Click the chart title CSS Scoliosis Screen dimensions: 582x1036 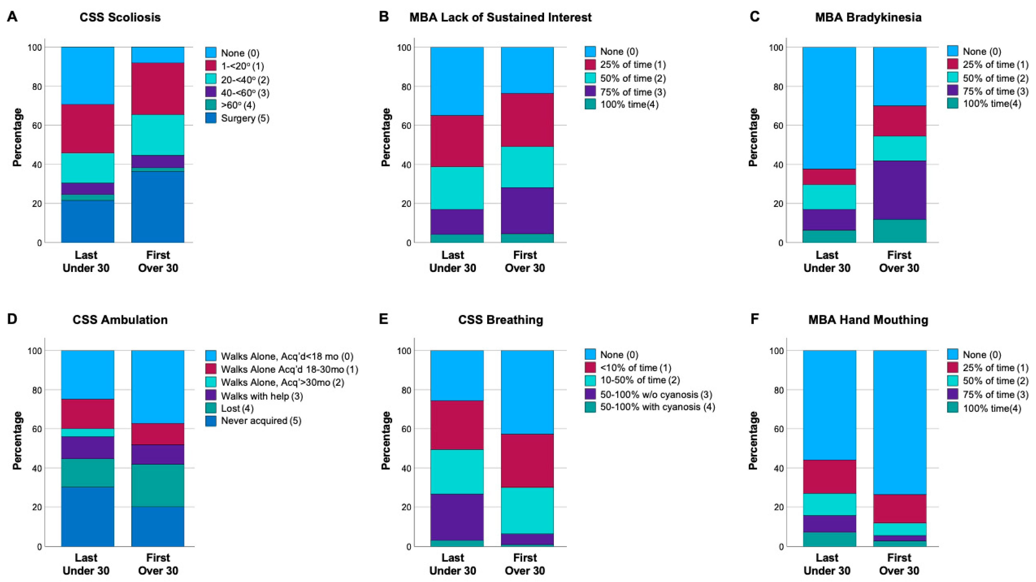coord(120,17)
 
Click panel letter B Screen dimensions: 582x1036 coord(384,17)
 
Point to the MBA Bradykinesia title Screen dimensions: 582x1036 coord(868,17)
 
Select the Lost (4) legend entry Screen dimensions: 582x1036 coord(229,409)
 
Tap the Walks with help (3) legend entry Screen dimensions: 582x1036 coord(253,396)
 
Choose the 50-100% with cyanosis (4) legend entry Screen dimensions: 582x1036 coord(649,407)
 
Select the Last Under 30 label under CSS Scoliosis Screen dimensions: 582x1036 coord(86,261)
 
